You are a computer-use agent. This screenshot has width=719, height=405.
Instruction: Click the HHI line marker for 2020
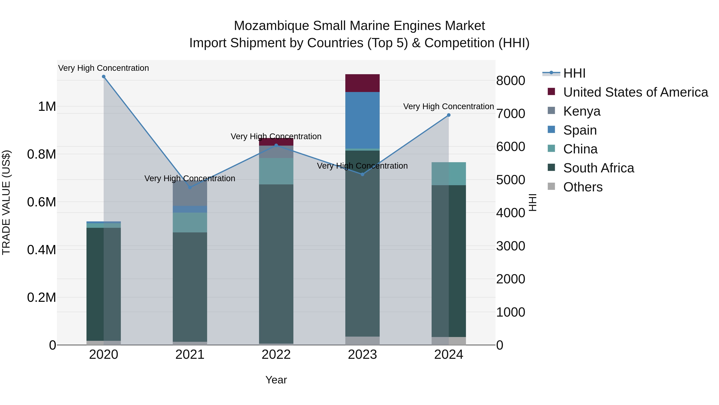tap(103, 77)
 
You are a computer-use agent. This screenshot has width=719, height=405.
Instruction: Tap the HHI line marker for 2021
tap(190, 188)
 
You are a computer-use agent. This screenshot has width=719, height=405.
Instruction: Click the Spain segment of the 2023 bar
tap(362, 120)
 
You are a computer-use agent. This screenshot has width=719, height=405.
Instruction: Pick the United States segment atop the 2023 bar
tap(362, 83)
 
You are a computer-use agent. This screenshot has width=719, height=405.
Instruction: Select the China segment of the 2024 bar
tap(449, 174)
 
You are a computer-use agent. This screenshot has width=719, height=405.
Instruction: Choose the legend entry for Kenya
tap(582, 111)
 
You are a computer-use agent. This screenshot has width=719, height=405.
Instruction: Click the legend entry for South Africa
tap(598, 168)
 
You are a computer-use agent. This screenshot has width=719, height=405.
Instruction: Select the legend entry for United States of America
tap(635, 92)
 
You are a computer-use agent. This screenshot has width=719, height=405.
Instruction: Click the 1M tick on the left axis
tap(47, 106)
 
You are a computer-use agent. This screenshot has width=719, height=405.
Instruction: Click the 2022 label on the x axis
tap(276, 355)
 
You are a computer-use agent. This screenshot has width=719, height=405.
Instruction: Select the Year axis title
tap(276, 380)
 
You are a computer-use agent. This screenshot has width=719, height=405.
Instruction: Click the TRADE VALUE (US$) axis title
tap(6, 202)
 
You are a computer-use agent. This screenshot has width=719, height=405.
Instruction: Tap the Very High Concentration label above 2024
tap(449, 106)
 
